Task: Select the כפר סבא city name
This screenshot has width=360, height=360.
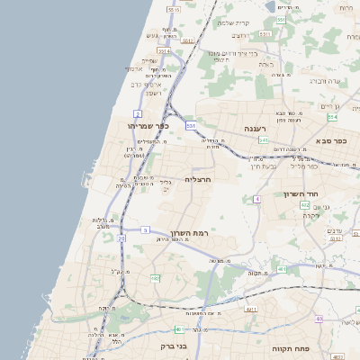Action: click(x=331, y=141)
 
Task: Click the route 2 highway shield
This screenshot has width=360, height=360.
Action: click(x=138, y=113)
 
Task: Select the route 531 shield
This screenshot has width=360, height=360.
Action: click(x=191, y=125)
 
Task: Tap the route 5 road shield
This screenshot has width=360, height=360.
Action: click(x=144, y=229)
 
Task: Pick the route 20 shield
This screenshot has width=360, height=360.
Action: click(x=121, y=238)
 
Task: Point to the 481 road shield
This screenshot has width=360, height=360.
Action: click(x=282, y=268)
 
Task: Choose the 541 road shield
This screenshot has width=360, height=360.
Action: click(x=264, y=140)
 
